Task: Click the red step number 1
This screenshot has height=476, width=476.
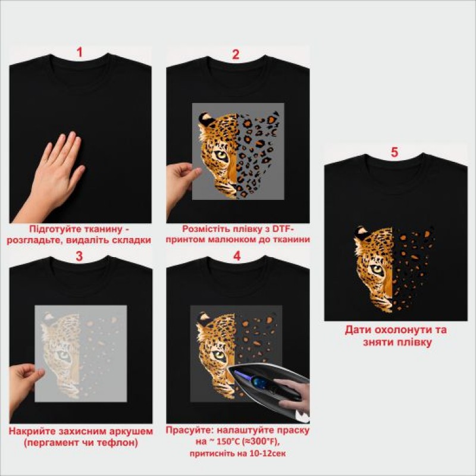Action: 80,52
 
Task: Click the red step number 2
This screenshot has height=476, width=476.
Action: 236,54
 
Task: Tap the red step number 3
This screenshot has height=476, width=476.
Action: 79,256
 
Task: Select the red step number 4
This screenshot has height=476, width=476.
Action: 237,256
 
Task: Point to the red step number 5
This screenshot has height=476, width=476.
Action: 394,152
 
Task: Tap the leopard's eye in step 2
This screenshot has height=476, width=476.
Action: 221,156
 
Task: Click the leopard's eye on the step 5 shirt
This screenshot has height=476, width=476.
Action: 377,269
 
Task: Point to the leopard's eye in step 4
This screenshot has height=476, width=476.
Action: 219,355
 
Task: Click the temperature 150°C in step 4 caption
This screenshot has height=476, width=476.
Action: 227,441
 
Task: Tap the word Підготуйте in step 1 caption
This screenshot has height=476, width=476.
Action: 50,229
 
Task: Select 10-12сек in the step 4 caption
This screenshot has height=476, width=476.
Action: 267,453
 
